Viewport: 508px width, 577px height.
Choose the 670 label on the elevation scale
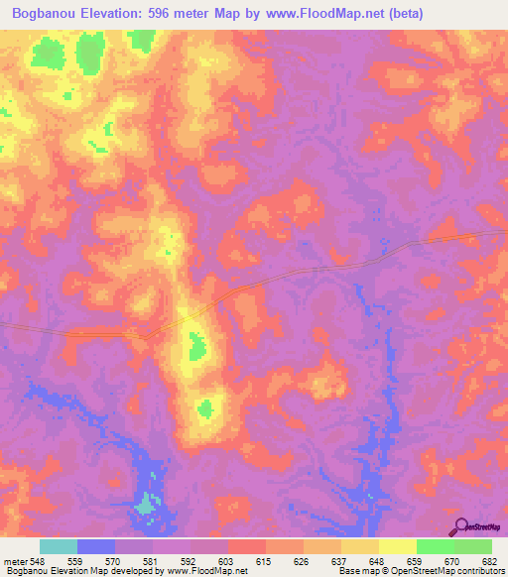pos(453,561)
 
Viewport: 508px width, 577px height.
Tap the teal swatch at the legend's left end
pos(59,546)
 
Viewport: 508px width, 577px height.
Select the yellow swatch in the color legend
pos(397,546)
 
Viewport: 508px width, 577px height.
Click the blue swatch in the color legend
pos(96,546)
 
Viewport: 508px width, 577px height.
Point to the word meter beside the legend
pos(14,561)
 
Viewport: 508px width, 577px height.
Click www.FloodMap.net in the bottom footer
pos(205,572)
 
